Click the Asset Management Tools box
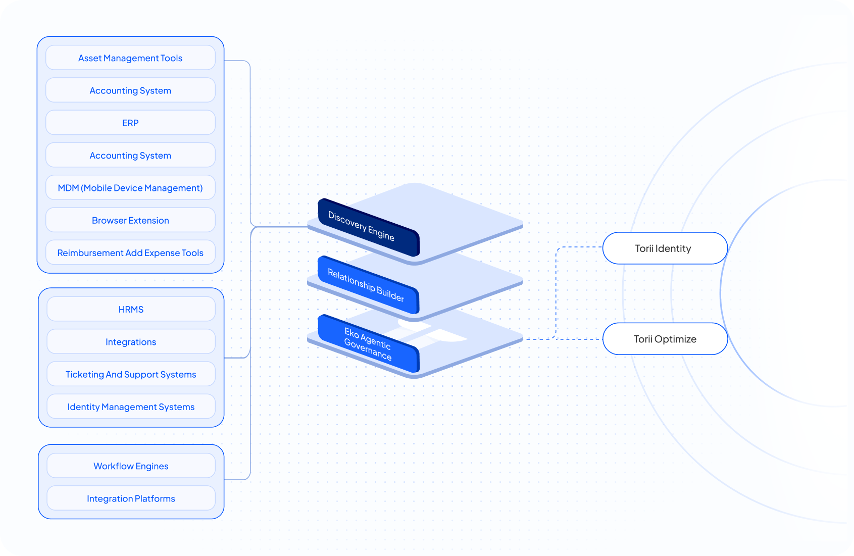130,58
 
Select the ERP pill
130,122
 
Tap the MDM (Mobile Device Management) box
130,187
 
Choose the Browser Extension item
130,220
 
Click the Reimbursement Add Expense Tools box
130,252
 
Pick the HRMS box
131,309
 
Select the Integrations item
131,341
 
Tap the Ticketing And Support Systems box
131,374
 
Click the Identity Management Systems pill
131,406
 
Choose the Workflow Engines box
131,466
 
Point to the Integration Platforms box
131,498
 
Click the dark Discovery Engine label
369,227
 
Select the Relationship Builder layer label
368,285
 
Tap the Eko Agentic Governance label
368,343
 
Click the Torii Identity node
665,248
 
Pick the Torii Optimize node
665,339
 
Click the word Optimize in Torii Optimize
675,339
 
